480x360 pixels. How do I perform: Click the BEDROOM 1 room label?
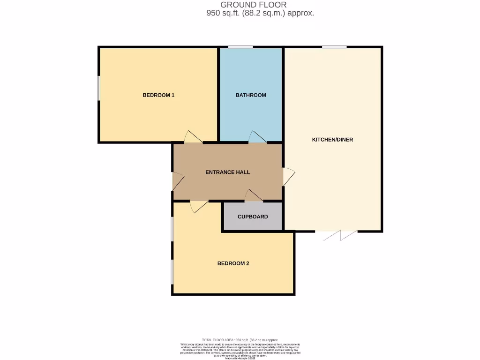[158, 95]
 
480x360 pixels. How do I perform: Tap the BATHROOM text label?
[250, 95]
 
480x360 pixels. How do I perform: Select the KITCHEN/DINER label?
[332, 140]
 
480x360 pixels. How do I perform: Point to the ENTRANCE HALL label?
[227, 172]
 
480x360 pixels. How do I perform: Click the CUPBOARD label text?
[253, 217]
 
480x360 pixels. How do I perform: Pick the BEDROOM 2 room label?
[233, 263]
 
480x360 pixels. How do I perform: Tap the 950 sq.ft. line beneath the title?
[260, 13]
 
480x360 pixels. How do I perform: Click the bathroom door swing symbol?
[257, 137]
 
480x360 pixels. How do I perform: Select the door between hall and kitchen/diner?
[288, 176]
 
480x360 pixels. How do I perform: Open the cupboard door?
[254, 196]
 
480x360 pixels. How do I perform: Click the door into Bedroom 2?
[199, 206]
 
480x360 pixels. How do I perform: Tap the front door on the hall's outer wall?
[178, 181]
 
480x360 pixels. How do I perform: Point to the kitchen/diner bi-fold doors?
[340, 235]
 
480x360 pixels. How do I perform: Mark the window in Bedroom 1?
[98, 88]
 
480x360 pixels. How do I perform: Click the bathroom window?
[240, 47]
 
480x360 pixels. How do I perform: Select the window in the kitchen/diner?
[334, 47]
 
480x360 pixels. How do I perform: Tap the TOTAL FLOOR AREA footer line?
[240, 340]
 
